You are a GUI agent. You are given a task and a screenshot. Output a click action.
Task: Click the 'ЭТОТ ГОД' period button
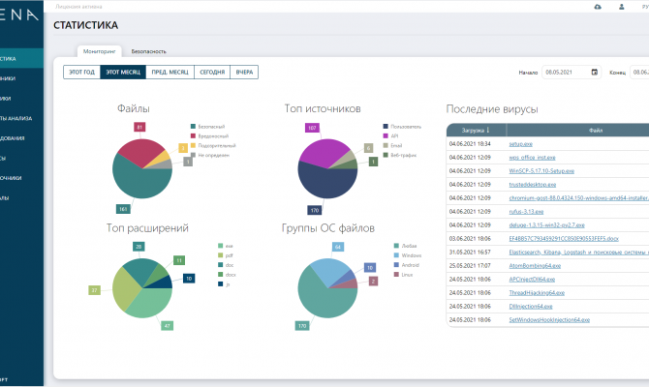pos(81,72)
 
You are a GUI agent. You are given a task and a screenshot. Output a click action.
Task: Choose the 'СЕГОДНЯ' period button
pos(212,72)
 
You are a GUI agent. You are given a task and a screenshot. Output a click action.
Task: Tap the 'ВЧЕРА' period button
pos(245,72)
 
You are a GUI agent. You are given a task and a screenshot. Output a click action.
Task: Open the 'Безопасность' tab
pos(149,50)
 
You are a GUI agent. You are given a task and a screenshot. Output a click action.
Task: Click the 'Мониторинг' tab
pos(100,50)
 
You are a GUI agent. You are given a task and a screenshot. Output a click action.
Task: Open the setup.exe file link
pos(521,143)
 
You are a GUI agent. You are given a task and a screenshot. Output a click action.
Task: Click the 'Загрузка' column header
pos(475,129)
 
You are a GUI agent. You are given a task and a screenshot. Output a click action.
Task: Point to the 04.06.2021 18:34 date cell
pos(468,143)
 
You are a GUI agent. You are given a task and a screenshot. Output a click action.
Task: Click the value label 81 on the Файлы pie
pos(140,127)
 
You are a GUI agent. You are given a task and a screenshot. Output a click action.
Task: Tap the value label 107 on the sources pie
pos(312,127)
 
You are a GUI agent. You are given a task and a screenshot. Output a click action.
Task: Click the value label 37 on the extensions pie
pos(94,289)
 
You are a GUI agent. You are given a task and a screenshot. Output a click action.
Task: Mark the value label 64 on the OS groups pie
pos(338,247)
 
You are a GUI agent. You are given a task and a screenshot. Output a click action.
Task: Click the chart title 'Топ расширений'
pos(147,227)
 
